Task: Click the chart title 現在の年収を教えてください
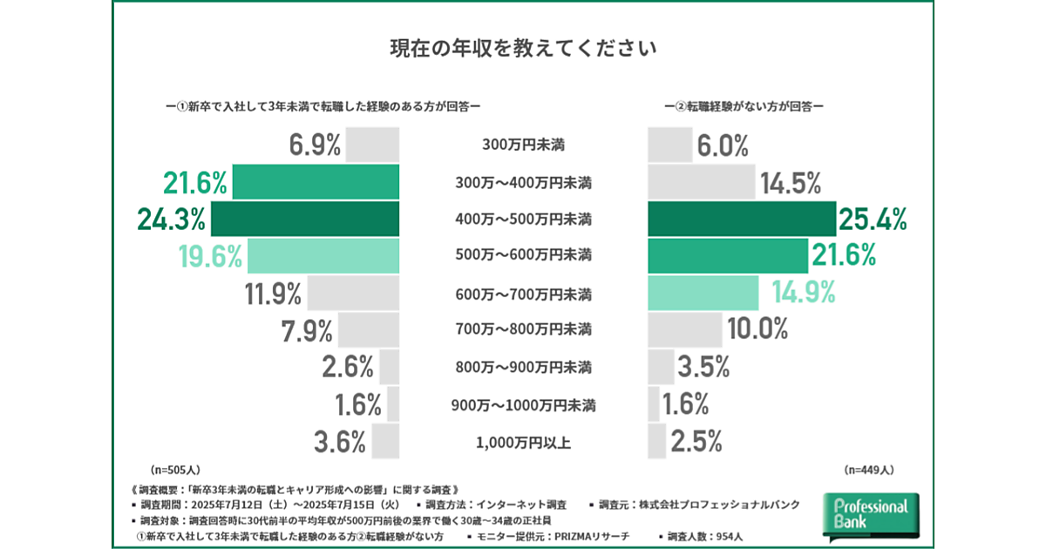[522, 47]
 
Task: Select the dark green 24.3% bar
[305, 219]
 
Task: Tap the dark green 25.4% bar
[741, 219]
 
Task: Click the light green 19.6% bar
[323, 255]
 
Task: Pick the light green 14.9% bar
[703, 293]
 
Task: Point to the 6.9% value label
[315, 145]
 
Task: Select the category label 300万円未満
[524, 145]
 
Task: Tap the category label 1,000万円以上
[524, 442]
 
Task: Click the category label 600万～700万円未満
[524, 293]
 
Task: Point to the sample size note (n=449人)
[869, 469]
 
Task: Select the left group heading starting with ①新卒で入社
[324, 106]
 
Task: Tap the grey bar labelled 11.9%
[353, 293]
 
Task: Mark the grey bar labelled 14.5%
[702, 181]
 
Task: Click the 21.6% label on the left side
[195, 182]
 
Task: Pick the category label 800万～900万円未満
[524, 367]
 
